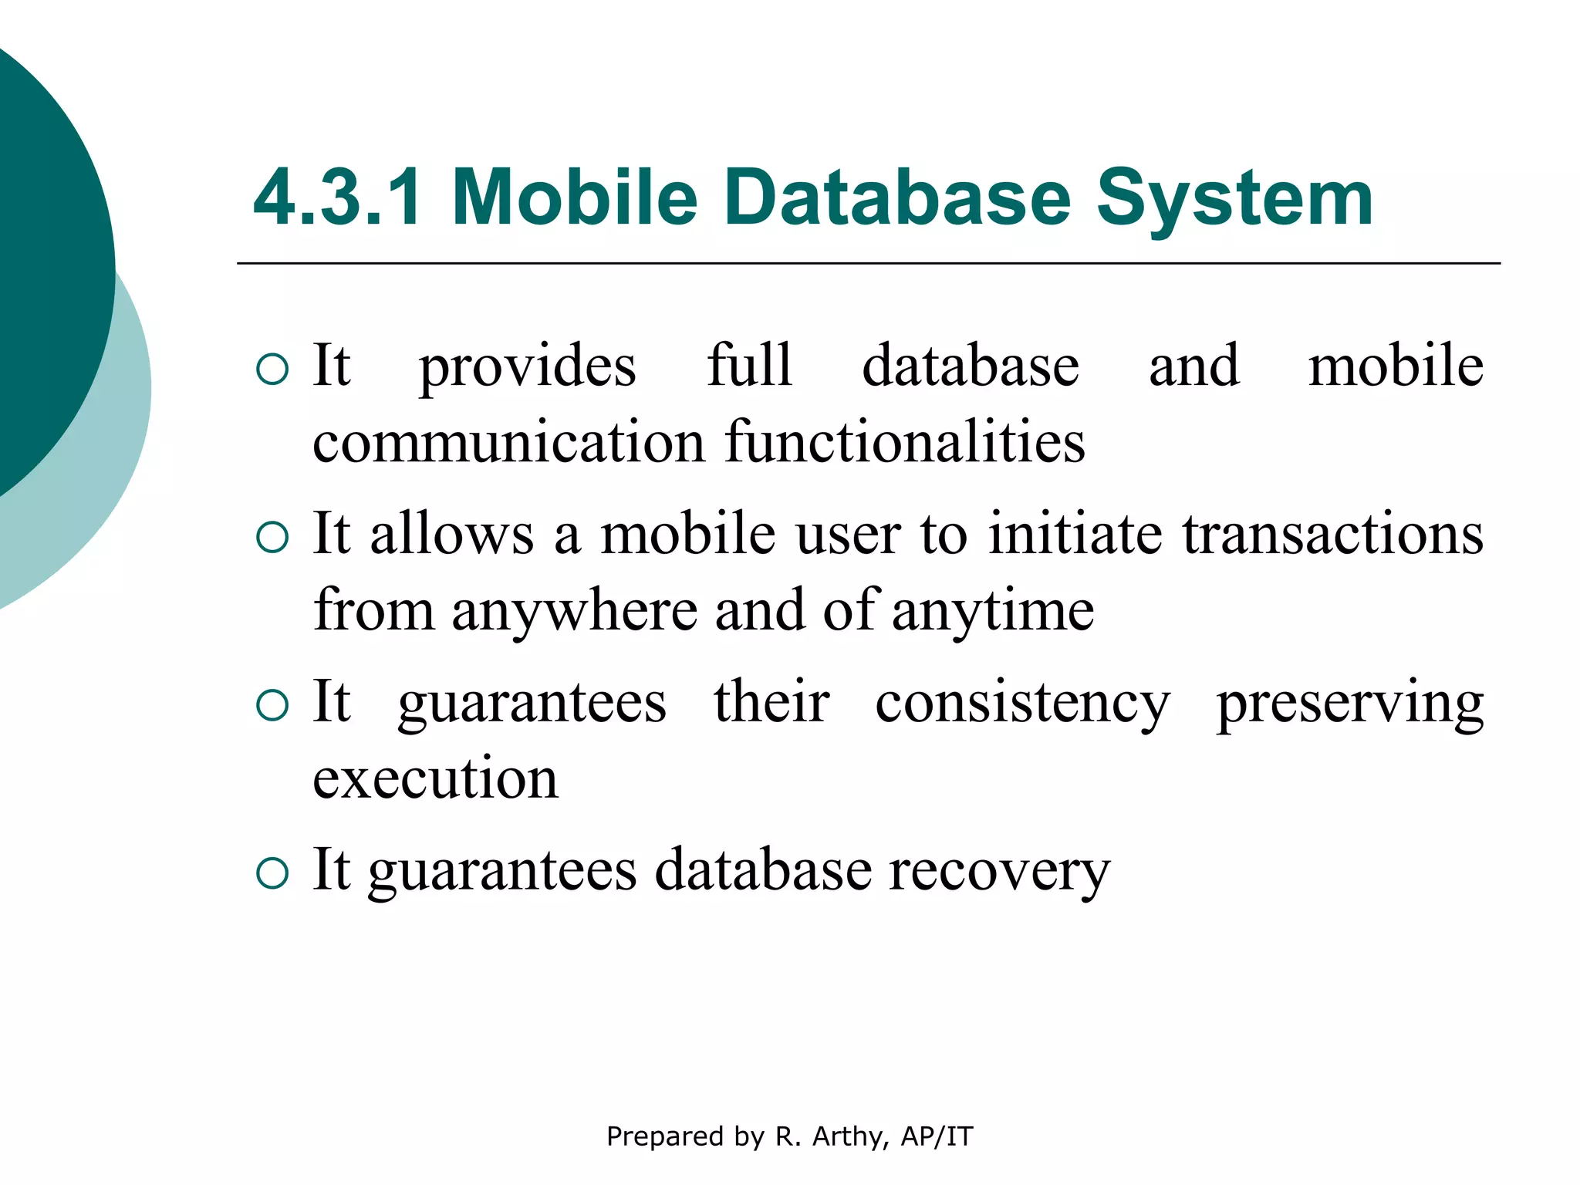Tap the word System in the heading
(x=1234, y=199)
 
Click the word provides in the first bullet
(x=528, y=367)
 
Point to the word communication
(x=508, y=442)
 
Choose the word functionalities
(x=906, y=442)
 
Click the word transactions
(x=1333, y=534)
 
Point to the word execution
(x=435, y=778)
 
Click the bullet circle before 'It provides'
(x=272, y=370)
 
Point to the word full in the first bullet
(x=750, y=366)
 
